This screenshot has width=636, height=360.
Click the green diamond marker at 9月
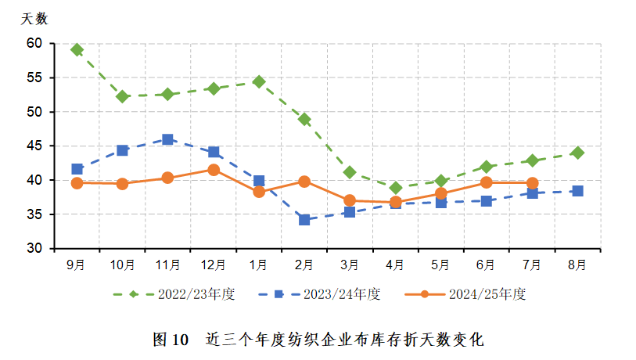(x=77, y=49)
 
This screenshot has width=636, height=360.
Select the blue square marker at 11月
(x=167, y=139)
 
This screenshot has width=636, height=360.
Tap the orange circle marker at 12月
(x=213, y=169)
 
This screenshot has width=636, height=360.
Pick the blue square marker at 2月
(x=304, y=220)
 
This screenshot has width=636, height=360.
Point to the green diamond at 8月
(x=577, y=153)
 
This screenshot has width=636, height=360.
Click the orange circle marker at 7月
(x=532, y=183)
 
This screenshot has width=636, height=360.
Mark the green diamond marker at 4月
(x=395, y=188)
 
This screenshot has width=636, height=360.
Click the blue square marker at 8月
(x=577, y=191)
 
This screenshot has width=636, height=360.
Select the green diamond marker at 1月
(x=259, y=81)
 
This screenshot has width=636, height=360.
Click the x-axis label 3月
(x=350, y=265)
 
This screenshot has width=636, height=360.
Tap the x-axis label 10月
(x=122, y=265)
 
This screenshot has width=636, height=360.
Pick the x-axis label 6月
(x=487, y=265)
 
